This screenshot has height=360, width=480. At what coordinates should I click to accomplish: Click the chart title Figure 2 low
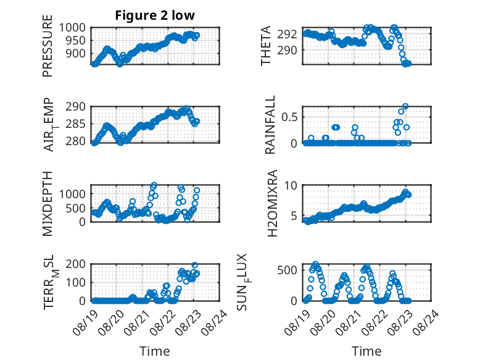click(x=155, y=15)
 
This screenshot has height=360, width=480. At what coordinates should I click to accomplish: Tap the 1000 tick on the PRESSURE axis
click(x=72, y=28)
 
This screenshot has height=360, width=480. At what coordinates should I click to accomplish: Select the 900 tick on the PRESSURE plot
click(x=76, y=53)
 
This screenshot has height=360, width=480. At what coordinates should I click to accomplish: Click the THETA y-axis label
click(x=266, y=46)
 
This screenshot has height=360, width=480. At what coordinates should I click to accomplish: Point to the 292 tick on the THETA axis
click(x=287, y=34)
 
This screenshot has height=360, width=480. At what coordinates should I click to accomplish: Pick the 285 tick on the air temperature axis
click(x=76, y=124)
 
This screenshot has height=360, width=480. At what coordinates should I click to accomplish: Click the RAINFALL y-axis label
click(x=270, y=125)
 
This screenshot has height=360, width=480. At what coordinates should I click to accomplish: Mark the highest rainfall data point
click(x=405, y=106)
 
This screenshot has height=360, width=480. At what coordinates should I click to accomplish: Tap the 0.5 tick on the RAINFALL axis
click(x=289, y=117)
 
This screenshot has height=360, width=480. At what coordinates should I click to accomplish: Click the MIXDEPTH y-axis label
click(x=48, y=204)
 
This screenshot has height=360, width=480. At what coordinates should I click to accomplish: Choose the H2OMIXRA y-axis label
click(x=272, y=203)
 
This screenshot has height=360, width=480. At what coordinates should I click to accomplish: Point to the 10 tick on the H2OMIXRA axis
click(x=291, y=185)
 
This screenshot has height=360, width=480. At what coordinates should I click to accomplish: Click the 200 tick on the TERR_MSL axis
click(x=76, y=264)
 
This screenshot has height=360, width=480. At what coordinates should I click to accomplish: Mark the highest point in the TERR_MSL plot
click(x=195, y=265)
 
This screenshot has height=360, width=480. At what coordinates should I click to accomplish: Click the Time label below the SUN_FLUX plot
click(x=366, y=351)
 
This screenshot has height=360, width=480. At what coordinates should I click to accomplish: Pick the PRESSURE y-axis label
click(x=48, y=46)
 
